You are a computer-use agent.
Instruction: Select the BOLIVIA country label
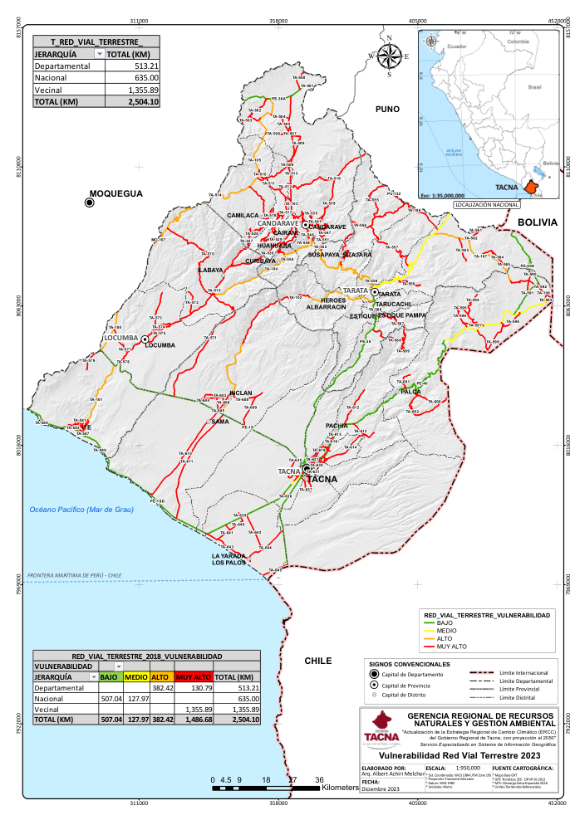[x=536, y=222]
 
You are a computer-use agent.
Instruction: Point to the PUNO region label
[x=387, y=109]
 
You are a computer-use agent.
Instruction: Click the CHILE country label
[x=317, y=661]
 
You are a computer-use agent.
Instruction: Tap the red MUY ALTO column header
[x=192, y=676]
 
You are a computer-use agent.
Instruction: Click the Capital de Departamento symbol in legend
[x=373, y=674]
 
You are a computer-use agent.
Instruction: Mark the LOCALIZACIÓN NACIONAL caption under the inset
[x=483, y=203]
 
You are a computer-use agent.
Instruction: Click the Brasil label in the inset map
[x=534, y=86]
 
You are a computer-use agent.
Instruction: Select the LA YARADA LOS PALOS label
[x=229, y=559]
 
